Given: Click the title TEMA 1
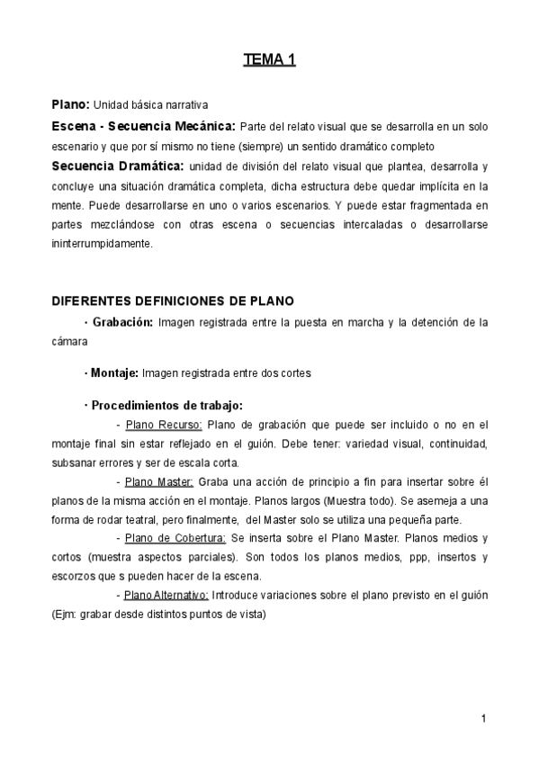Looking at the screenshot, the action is tap(269, 60).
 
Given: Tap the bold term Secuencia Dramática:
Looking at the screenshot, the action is tap(118, 166).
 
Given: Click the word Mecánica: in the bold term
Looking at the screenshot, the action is tap(202, 125).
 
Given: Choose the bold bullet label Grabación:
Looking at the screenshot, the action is tap(121, 321).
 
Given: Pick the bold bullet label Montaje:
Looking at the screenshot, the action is tap(113, 372).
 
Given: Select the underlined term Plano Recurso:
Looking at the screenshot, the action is tap(164, 425).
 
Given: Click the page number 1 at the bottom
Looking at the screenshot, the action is tap(483, 718).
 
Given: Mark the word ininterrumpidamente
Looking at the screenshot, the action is tap(103, 243).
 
